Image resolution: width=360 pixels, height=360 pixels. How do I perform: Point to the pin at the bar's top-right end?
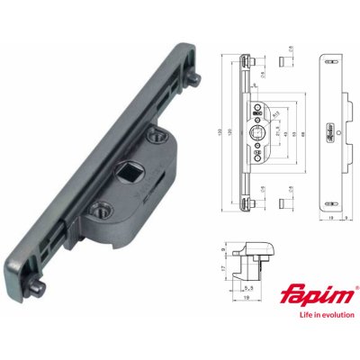[x=193, y=79]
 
